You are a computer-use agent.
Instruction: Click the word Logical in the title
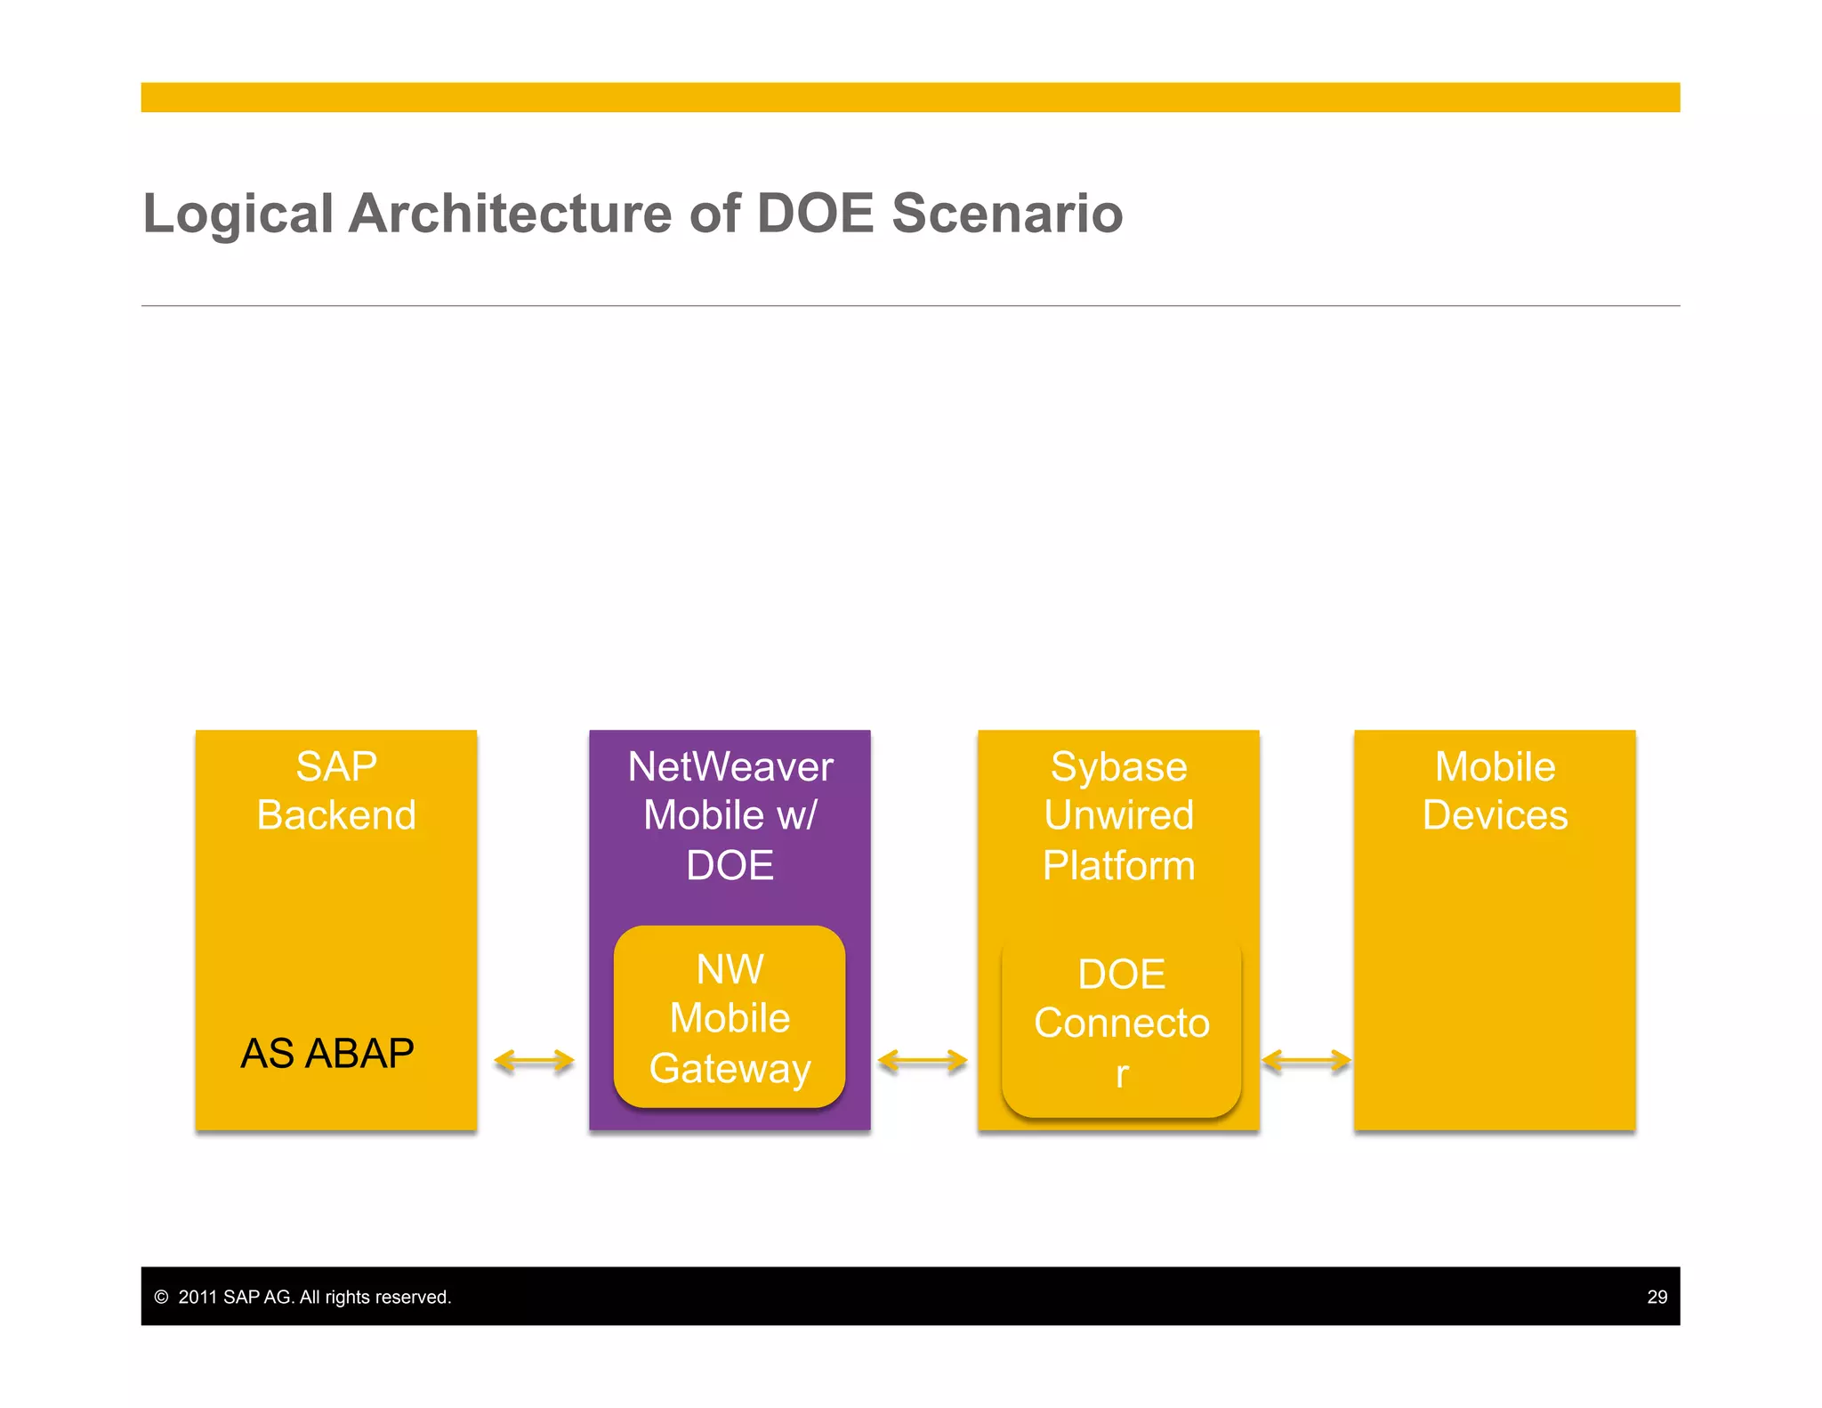238,214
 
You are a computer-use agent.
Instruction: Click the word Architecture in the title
510,214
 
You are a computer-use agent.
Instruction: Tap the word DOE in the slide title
815,214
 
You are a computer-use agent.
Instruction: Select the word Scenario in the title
1007,214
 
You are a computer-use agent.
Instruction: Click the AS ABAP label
327,1054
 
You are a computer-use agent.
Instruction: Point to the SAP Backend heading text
336,790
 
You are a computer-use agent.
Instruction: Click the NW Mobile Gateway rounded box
730,1017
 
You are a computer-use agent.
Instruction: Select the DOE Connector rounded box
1121,1024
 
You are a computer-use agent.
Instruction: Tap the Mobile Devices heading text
1495,790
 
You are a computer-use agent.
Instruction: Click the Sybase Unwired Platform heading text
1118,815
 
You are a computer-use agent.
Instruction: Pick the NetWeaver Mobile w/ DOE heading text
730,815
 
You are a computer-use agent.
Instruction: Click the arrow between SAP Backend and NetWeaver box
534,1061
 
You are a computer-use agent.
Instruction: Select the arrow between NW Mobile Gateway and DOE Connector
922,1061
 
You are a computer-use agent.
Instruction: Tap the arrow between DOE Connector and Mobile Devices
1306,1061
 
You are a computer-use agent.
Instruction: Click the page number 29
1657,1297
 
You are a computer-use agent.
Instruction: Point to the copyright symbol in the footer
161,1297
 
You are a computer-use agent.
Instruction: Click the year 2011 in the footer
198,1297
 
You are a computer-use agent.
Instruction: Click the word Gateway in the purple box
730,1068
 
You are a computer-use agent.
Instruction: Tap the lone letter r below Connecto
1122,1074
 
